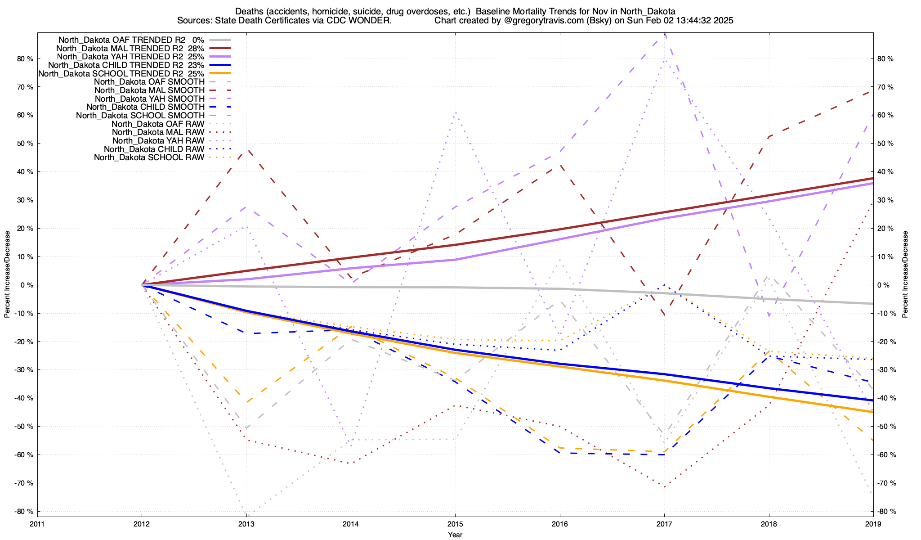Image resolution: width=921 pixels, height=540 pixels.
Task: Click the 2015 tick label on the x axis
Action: point(455,524)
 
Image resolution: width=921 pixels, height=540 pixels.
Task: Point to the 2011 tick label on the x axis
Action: point(37,524)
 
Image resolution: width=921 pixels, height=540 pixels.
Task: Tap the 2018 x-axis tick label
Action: point(769,524)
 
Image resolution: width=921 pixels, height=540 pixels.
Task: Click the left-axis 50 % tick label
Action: point(24,144)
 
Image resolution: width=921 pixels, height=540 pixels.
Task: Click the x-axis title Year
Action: point(455,535)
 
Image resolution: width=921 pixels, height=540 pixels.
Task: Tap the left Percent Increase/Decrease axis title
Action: point(7,274)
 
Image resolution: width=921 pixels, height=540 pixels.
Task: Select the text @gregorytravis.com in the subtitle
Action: point(533,21)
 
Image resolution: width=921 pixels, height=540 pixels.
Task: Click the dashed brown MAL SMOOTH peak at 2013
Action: point(246,150)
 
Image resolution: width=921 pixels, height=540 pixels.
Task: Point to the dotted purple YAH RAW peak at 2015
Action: point(455,112)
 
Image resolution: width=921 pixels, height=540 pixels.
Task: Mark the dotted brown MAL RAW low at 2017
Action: point(664,486)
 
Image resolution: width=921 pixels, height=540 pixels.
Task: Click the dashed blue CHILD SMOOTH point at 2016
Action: point(559,453)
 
